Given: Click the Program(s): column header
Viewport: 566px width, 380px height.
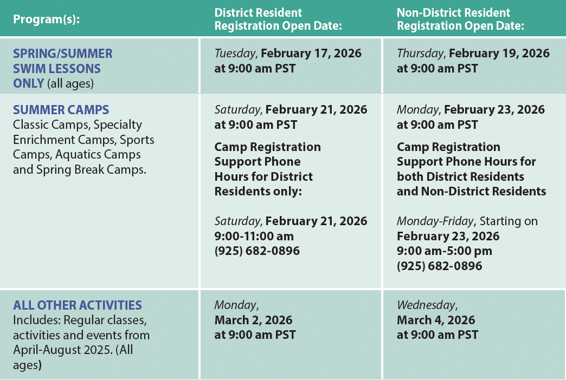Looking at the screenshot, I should click(46, 19).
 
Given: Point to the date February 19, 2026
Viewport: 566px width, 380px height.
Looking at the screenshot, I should click(499, 54).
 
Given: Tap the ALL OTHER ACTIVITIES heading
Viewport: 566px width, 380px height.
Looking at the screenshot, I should click(78, 305).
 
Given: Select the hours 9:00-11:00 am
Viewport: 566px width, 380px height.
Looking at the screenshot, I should click(254, 236).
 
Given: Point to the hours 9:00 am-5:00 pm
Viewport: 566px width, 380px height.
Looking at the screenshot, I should click(445, 251).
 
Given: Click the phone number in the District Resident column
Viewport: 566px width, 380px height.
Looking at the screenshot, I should click(257, 251).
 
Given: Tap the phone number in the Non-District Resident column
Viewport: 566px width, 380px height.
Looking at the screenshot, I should click(439, 266).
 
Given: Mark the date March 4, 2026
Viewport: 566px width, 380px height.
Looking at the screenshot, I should click(436, 320).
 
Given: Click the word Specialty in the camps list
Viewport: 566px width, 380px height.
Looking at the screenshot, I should click(117, 125).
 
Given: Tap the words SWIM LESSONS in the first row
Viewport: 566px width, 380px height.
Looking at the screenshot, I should click(57, 69).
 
